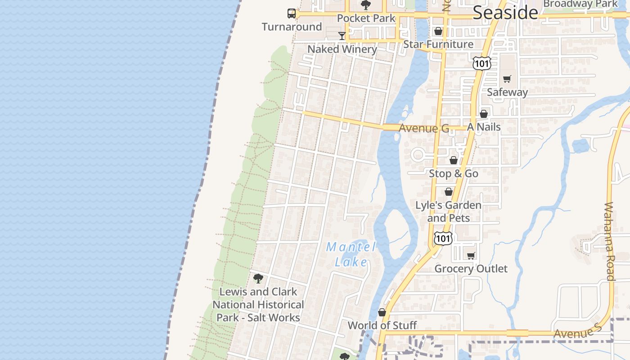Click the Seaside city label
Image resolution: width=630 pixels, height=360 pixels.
(505, 13)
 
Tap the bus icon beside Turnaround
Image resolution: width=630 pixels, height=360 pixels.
(292, 13)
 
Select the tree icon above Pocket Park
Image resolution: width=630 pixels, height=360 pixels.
(365, 5)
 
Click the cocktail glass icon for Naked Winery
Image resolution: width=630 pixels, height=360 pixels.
(342, 36)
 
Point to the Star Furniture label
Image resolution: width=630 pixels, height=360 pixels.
(438, 44)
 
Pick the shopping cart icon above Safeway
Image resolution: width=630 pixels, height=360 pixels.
(507, 79)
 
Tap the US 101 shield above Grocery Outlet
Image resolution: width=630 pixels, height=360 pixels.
(443, 238)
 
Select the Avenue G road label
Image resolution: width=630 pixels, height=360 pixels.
(423, 128)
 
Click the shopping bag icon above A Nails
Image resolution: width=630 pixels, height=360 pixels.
(484, 114)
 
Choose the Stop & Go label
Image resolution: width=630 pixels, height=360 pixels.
(453, 173)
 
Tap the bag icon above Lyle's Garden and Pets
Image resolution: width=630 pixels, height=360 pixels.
(449, 192)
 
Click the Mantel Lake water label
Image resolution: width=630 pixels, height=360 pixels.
(351, 254)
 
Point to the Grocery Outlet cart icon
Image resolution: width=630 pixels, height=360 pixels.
(471, 256)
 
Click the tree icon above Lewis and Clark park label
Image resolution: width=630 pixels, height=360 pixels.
(258, 279)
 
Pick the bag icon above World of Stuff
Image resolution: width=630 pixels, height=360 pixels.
(382, 312)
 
